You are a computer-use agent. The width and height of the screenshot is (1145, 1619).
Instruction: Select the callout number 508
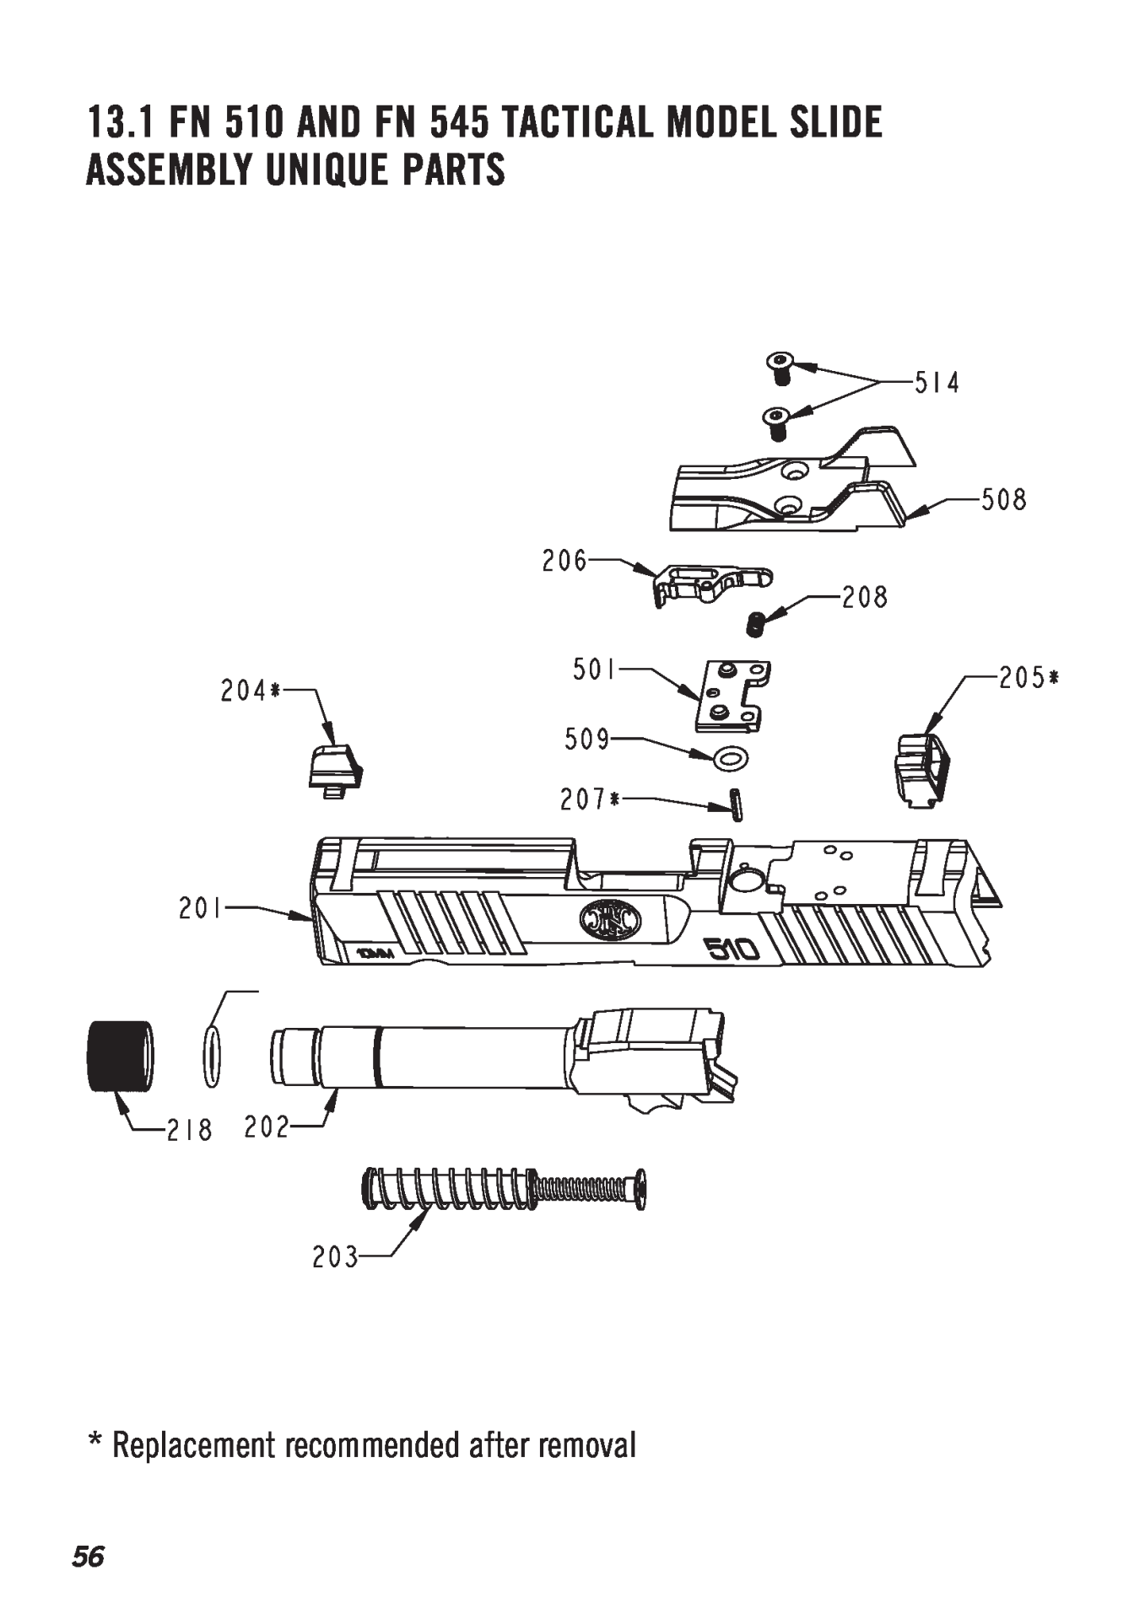coord(1003,499)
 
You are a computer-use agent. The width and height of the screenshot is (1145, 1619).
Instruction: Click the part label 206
coord(564,561)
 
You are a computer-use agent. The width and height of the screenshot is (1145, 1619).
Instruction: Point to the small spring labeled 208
coord(757,624)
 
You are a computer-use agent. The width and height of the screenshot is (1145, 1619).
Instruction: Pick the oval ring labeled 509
coord(730,759)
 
